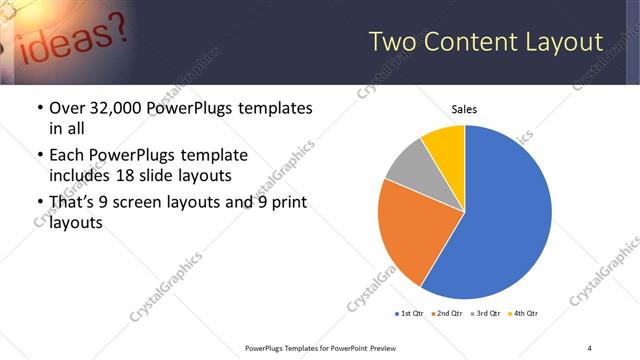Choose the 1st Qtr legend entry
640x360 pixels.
(x=411, y=314)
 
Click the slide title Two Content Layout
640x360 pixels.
(x=486, y=42)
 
